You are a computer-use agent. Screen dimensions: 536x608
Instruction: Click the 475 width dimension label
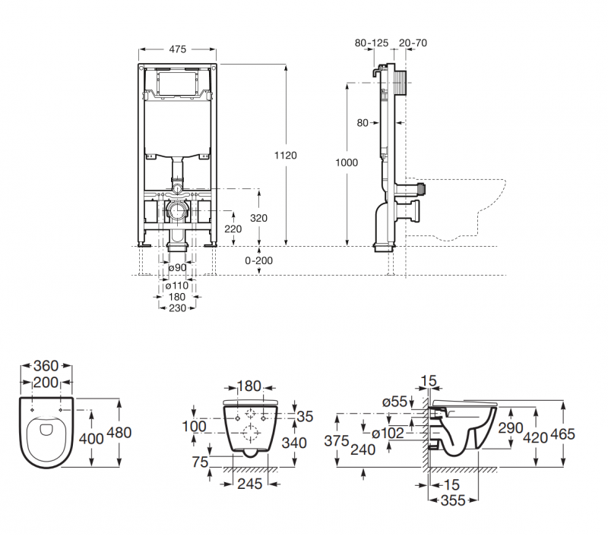click(x=177, y=49)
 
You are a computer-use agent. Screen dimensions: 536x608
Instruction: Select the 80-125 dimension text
click(x=372, y=43)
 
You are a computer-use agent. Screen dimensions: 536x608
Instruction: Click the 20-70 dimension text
click(x=413, y=43)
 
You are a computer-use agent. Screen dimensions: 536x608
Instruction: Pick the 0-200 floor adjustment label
click(x=260, y=260)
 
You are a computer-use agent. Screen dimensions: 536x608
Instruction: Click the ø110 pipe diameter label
click(x=177, y=286)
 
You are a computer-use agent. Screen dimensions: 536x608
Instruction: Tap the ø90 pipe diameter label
click(x=177, y=267)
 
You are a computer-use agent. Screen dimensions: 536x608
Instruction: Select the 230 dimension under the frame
click(x=177, y=307)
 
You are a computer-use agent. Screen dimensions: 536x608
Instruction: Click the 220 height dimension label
click(x=233, y=228)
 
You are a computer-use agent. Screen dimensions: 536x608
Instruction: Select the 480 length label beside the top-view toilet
click(x=119, y=433)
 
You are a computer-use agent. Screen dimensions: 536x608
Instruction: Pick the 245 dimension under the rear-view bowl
click(x=250, y=483)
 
